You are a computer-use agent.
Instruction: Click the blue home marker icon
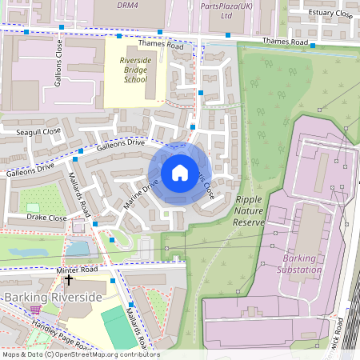[179, 172]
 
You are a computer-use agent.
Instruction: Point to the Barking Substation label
[302, 264]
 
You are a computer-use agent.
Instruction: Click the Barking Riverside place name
[54, 298]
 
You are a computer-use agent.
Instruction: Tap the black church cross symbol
[69, 280]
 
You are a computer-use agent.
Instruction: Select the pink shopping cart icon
[34, 309]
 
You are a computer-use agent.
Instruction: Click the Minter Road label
[78, 270]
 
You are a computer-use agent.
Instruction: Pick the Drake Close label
[46, 218]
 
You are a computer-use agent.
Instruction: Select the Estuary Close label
[332, 13]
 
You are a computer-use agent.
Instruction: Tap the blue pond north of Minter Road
[78, 250]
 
